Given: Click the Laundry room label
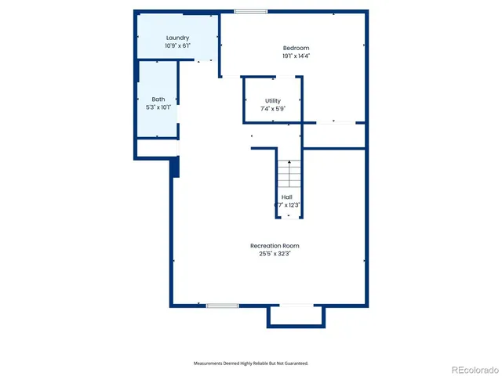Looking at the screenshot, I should click(x=177, y=38).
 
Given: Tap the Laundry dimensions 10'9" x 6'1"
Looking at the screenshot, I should click(x=177, y=46).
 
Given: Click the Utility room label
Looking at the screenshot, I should click(x=272, y=100).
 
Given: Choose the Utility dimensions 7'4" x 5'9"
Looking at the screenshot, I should click(x=272, y=109).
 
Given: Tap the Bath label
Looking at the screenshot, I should click(x=158, y=99).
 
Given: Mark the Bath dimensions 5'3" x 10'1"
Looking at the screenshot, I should click(x=158, y=107).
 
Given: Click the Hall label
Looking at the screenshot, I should click(x=287, y=197).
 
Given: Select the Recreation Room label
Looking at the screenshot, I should click(x=275, y=245).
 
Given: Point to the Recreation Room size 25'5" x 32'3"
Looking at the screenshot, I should click(x=275, y=254).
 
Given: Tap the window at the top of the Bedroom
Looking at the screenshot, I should click(x=250, y=11).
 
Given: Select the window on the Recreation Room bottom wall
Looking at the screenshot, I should click(x=222, y=305).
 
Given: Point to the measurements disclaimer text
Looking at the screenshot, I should click(x=251, y=363).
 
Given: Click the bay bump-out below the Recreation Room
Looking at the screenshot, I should click(x=296, y=315).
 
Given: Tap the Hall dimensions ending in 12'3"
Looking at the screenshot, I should click(x=288, y=205).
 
